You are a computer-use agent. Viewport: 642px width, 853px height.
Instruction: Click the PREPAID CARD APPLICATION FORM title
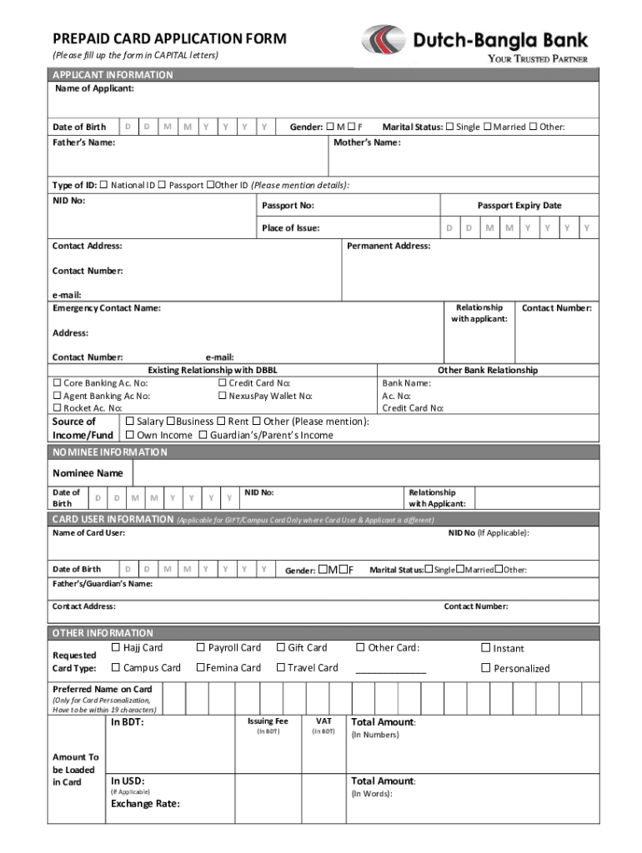coord(169,38)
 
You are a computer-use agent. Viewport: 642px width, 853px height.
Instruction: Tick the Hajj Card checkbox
coord(116,647)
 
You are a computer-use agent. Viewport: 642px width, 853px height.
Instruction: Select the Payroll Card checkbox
coord(201,647)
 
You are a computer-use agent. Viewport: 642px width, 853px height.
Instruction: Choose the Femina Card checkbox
coord(201,667)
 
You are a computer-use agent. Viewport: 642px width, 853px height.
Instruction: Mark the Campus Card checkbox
coord(116,667)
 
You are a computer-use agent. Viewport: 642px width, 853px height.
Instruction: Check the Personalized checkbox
coord(486,668)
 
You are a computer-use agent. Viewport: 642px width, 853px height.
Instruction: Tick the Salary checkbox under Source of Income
coord(130,422)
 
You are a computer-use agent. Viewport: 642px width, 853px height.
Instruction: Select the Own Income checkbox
coord(130,435)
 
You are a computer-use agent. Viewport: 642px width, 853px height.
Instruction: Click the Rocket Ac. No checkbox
coord(57,408)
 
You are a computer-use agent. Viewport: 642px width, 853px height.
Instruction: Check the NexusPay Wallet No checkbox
coord(223,396)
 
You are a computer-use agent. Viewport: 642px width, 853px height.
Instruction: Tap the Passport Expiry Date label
coord(519,205)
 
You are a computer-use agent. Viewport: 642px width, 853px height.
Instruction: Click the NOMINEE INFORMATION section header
coord(110,452)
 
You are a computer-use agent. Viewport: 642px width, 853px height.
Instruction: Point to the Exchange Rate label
coord(145,804)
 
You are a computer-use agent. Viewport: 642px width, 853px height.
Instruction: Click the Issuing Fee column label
coord(268,721)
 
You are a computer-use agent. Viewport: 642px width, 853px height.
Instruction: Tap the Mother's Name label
coord(367,142)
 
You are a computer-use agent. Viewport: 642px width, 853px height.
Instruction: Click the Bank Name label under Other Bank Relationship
coord(406,383)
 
